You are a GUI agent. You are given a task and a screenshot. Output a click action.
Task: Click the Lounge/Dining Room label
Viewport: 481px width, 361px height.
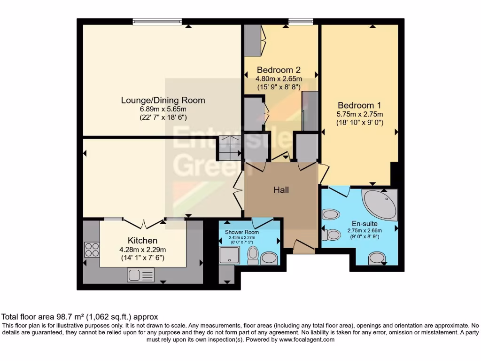click(163, 100)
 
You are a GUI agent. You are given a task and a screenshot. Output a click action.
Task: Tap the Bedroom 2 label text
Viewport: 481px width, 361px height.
click(279, 70)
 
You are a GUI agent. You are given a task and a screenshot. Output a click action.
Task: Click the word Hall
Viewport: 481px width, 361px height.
click(281, 190)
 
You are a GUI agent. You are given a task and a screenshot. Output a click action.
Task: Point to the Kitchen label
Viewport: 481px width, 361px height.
click(142, 241)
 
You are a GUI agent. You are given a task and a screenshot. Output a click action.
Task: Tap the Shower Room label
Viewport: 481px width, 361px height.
click(242, 232)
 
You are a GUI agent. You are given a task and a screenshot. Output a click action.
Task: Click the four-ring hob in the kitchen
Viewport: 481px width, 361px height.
click(91, 249)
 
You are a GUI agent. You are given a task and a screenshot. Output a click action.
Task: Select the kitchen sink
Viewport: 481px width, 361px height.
click(140, 275)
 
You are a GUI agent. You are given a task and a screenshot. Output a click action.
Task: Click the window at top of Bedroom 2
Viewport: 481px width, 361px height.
click(301, 21)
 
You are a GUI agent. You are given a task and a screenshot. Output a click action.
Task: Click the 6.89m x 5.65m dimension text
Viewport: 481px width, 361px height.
click(163, 109)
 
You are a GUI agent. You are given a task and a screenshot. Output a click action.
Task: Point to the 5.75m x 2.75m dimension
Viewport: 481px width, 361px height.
click(360, 114)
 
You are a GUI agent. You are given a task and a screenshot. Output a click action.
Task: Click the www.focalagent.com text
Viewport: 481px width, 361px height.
click(307, 339)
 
